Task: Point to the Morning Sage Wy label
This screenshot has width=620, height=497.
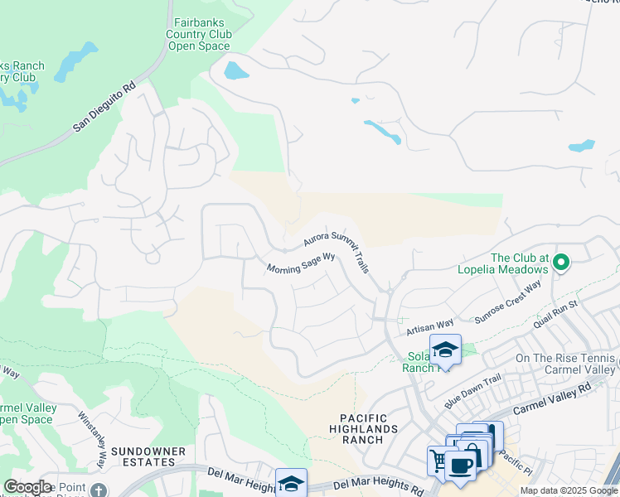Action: pos(301,263)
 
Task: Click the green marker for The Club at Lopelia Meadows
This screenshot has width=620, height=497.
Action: pos(561,263)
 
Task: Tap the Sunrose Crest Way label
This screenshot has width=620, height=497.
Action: pos(507,302)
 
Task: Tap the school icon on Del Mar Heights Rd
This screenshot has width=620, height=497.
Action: pos(291,483)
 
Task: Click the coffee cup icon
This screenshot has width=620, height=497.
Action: pos(460,464)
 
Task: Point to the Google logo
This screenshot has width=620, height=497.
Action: pos(28,486)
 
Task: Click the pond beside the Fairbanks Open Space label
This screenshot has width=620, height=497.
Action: pos(235,70)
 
